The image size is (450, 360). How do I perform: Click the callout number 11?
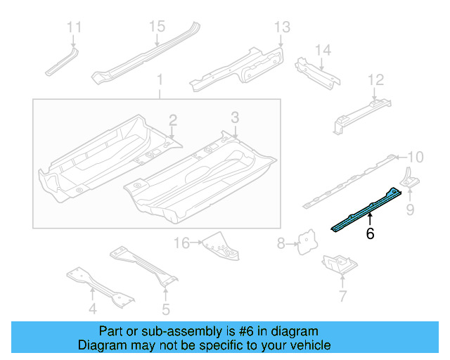click(x=74, y=27)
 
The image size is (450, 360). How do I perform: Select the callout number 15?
click(x=156, y=26)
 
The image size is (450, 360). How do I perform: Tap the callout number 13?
click(x=281, y=27)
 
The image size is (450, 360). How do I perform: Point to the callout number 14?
click(x=322, y=50)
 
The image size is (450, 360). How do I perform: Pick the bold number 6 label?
click(x=370, y=234)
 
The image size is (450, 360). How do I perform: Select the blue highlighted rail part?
click(x=367, y=209)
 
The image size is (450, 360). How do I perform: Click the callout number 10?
click(x=416, y=157)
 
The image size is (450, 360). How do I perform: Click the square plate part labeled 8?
click(x=306, y=242)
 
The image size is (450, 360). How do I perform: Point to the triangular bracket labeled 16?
click(x=217, y=245)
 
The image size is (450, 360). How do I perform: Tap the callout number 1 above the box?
click(x=159, y=80)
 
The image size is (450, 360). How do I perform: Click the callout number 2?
click(x=172, y=120)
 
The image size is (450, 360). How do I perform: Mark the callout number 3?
click(x=235, y=116)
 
